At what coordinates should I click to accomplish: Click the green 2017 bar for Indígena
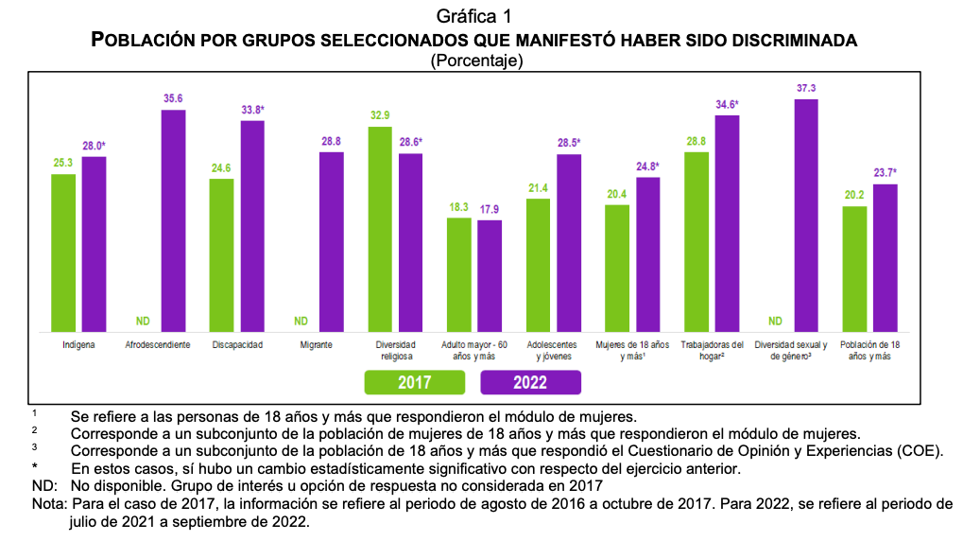click(63, 253)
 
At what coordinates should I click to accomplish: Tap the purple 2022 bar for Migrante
click(332, 241)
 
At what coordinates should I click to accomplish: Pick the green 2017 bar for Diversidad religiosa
click(380, 228)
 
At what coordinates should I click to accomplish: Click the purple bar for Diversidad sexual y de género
click(806, 215)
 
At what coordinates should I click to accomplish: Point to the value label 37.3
click(806, 88)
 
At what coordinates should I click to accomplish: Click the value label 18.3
click(458, 207)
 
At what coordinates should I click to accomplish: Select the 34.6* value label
click(727, 104)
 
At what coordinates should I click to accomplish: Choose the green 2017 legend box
click(415, 382)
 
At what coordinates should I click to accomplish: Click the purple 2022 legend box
click(531, 382)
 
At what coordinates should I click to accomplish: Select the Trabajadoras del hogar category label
click(712, 351)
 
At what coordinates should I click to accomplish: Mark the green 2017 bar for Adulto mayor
click(458, 274)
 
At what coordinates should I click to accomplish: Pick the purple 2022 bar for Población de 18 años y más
click(885, 257)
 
